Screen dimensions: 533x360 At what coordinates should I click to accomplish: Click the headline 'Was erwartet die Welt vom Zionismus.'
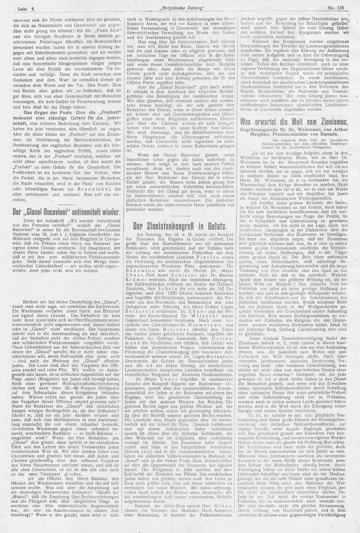(x=294, y=120)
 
